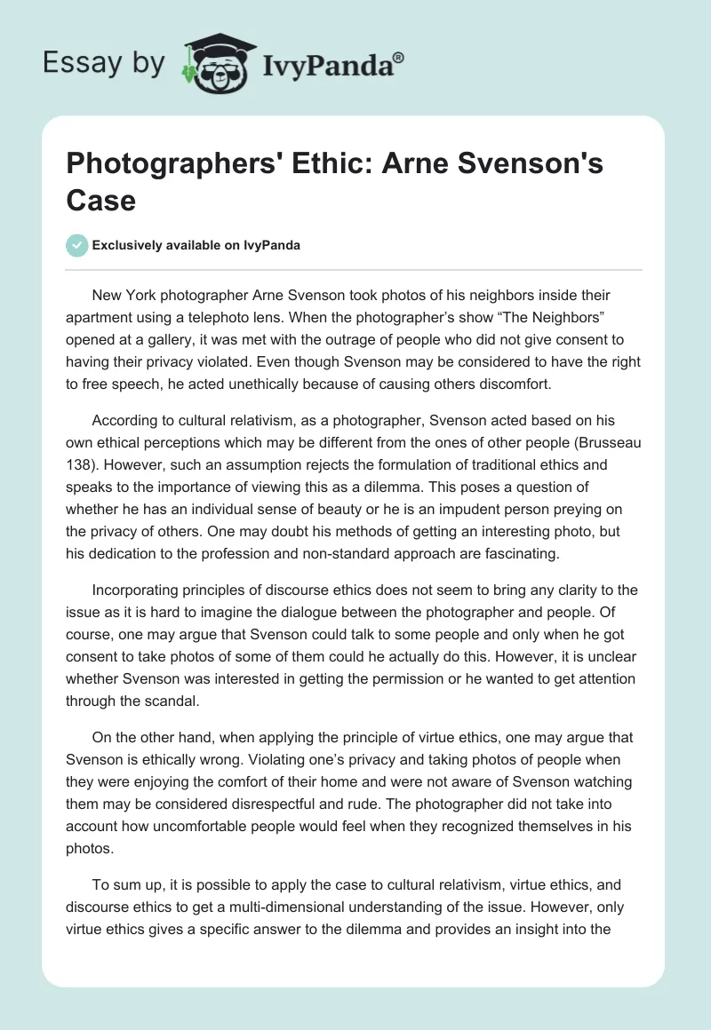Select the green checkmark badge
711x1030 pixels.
[x=77, y=245]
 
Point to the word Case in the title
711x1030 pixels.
[x=101, y=200]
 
